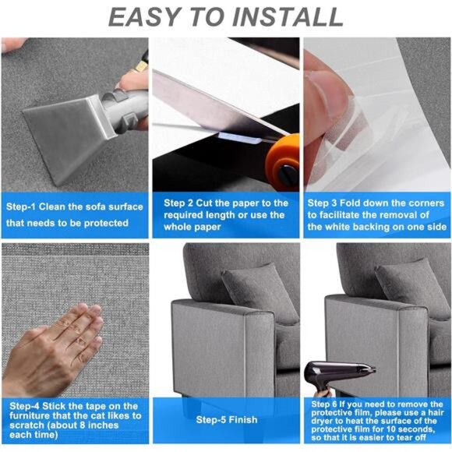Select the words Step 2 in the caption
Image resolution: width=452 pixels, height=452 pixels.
pos(178,203)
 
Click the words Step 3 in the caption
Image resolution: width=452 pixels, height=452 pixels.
pos(323,202)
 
